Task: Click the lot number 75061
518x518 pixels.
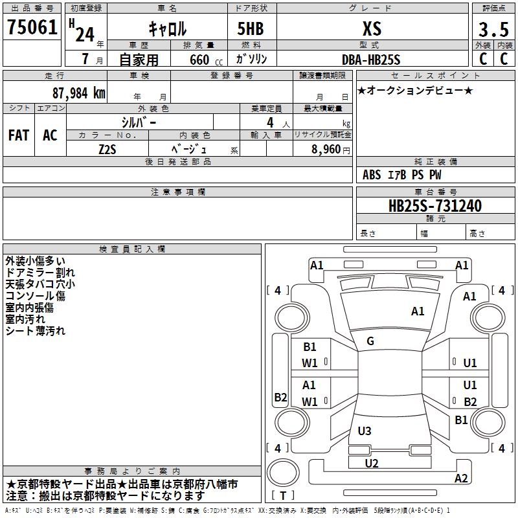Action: tap(32, 28)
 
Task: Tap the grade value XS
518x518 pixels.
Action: tap(372, 28)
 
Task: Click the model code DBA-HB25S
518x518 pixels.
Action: tap(371, 59)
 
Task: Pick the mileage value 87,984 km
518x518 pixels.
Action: tap(78, 93)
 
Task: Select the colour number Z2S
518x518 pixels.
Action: tap(107, 148)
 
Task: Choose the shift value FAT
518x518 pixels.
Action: tap(19, 135)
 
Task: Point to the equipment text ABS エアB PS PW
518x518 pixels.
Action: tap(402, 175)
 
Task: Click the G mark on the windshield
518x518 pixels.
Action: tap(370, 341)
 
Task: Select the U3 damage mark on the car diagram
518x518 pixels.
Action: tap(365, 431)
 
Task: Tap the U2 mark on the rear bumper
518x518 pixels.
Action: tap(371, 463)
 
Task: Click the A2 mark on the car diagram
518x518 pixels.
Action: tap(461, 479)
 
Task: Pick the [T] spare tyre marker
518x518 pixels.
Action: tap(283, 496)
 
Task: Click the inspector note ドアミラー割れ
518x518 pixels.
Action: tap(40, 273)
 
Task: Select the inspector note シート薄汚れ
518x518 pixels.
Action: tap(36, 331)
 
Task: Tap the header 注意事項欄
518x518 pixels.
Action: tap(177, 192)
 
